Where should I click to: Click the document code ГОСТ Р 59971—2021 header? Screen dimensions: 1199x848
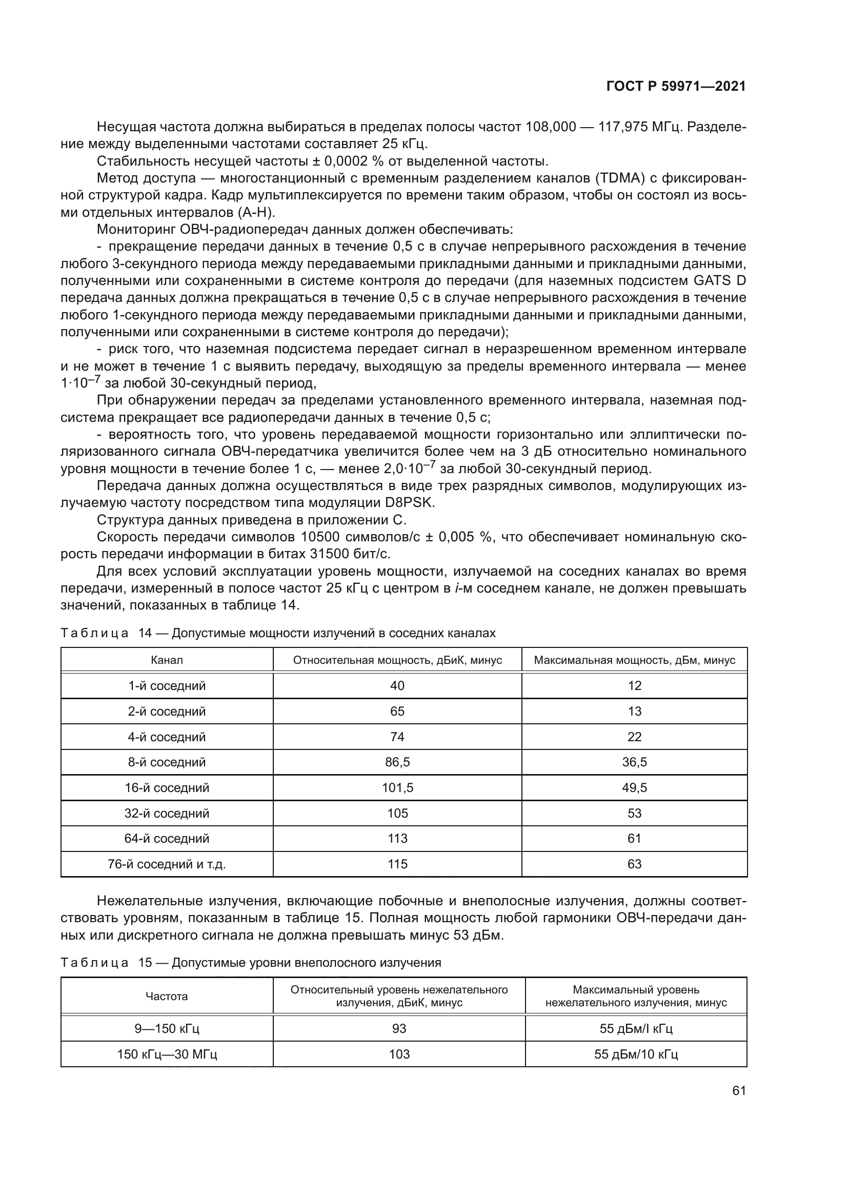point(676,86)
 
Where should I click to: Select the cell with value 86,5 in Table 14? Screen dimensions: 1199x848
point(397,762)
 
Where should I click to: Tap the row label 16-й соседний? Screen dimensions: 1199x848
point(167,787)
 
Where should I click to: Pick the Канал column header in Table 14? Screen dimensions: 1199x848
point(167,660)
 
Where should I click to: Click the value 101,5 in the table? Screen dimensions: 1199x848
point(397,787)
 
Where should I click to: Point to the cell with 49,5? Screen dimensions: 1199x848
point(634,787)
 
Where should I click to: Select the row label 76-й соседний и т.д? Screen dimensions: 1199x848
point(167,864)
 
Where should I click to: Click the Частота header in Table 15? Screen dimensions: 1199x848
point(167,996)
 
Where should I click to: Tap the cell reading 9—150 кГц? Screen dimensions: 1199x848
point(167,1028)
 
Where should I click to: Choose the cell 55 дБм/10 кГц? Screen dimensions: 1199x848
point(636,1054)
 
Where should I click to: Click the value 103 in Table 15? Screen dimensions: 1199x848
point(399,1054)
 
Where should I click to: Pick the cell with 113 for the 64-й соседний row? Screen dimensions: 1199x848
point(397,838)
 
